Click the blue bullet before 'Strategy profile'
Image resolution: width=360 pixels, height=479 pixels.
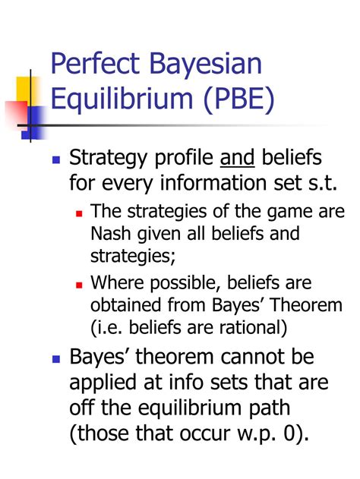click(x=55, y=160)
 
